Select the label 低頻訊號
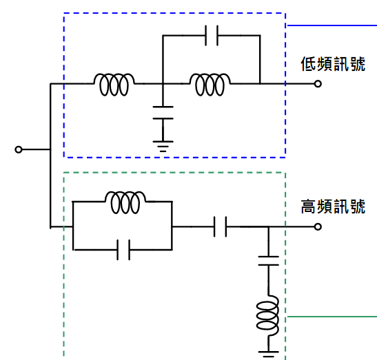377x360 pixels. (333, 64)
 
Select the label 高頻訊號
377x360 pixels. (333, 207)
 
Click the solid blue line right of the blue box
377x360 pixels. (332, 25)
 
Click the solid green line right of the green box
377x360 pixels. (332, 317)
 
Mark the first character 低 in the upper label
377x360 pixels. (309, 64)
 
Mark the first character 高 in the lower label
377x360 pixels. (309, 207)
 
